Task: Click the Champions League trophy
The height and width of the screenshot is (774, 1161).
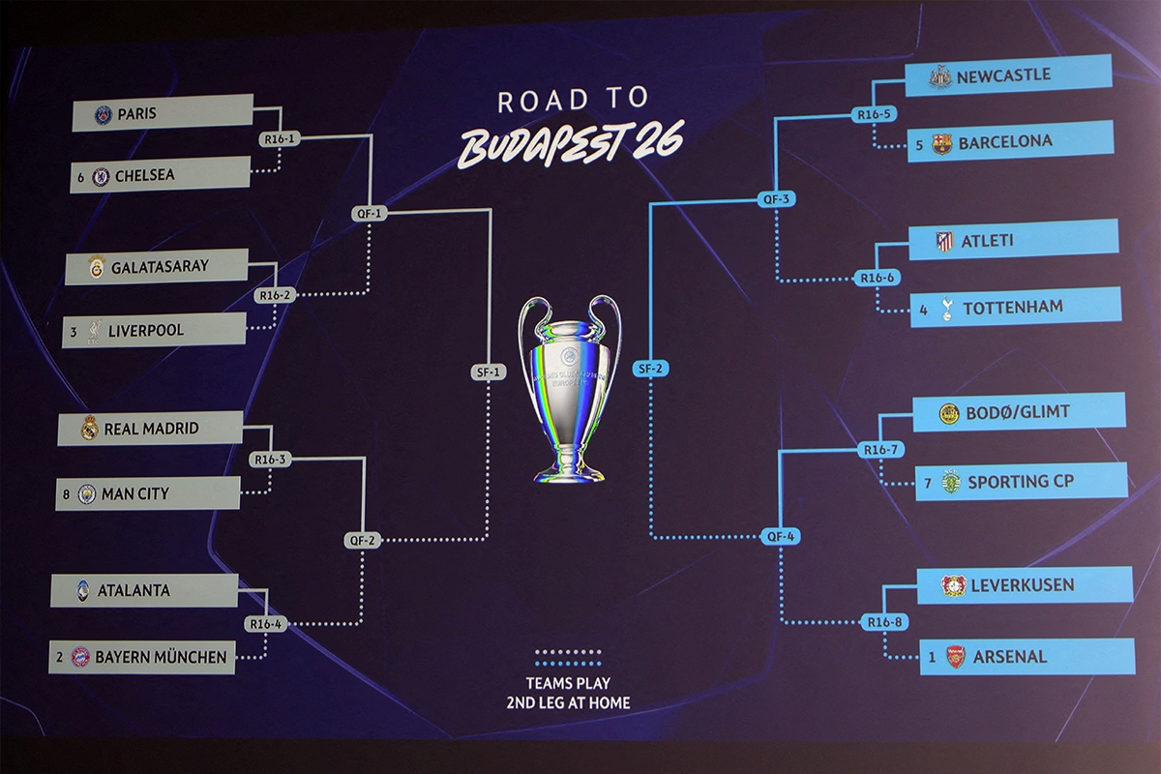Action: (569, 387)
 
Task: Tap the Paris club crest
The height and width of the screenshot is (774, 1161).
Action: (103, 115)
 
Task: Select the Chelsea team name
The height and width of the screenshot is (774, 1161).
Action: (144, 176)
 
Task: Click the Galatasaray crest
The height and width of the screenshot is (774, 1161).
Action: (96, 266)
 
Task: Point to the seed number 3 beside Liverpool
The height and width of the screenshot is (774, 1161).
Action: (73, 331)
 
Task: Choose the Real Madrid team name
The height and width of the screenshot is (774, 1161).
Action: (151, 429)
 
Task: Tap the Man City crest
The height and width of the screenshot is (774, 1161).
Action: (86, 494)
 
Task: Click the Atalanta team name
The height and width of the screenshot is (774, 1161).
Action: (134, 590)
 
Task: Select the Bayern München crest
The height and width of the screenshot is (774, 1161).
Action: (80, 657)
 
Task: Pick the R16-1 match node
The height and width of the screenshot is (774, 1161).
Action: (279, 139)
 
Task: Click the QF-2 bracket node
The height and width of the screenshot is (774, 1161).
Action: (360, 541)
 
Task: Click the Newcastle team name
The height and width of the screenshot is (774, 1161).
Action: (1003, 75)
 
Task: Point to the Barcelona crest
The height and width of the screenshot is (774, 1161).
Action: (941, 144)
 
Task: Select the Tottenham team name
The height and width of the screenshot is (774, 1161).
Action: (1012, 308)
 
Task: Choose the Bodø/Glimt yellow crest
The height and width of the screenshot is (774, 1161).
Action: (949, 414)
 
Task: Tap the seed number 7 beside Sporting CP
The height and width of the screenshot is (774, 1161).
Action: (928, 482)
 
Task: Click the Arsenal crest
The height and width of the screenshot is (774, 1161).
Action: (955, 657)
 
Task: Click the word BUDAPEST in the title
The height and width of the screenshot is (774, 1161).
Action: (542, 145)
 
